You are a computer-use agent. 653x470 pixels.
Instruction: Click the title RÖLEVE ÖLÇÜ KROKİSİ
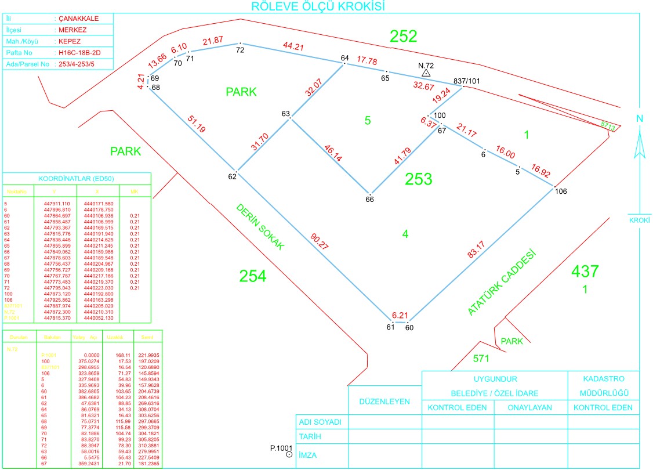tap(318, 6)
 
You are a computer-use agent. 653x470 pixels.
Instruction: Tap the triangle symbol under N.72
tap(426, 74)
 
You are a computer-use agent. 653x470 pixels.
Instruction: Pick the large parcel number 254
tap(253, 276)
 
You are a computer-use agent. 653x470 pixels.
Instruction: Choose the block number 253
tap(418, 179)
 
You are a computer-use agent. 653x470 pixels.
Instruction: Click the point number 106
tap(560, 191)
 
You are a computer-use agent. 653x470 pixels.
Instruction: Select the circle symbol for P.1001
tap(289, 455)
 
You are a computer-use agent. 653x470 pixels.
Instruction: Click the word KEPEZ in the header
tap(70, 42)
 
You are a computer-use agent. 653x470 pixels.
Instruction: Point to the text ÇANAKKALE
tap(78, 19)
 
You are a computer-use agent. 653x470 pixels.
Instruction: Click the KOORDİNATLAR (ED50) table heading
tap(77, 178)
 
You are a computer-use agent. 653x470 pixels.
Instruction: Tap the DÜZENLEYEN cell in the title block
tap(385, 401)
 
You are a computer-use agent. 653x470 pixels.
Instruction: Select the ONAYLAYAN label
tap(529, 408)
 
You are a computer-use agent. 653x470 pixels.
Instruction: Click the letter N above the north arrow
tap(640, 119)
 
